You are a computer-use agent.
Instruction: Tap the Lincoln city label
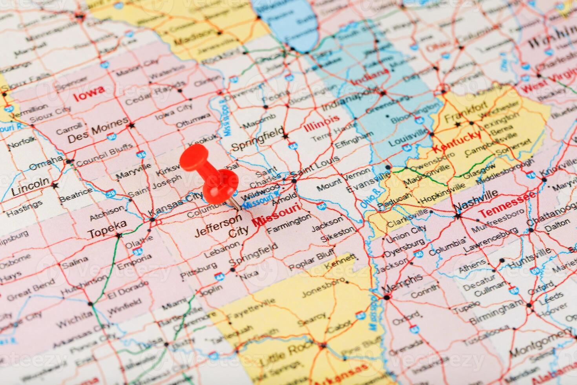[x=31, y=187]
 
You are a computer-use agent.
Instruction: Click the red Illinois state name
[x=321, y=122]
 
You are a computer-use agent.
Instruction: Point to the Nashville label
[x=476, y=200]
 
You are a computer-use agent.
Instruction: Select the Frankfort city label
[x=466, y=112]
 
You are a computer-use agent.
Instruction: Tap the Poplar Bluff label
[x=312, y=260]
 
